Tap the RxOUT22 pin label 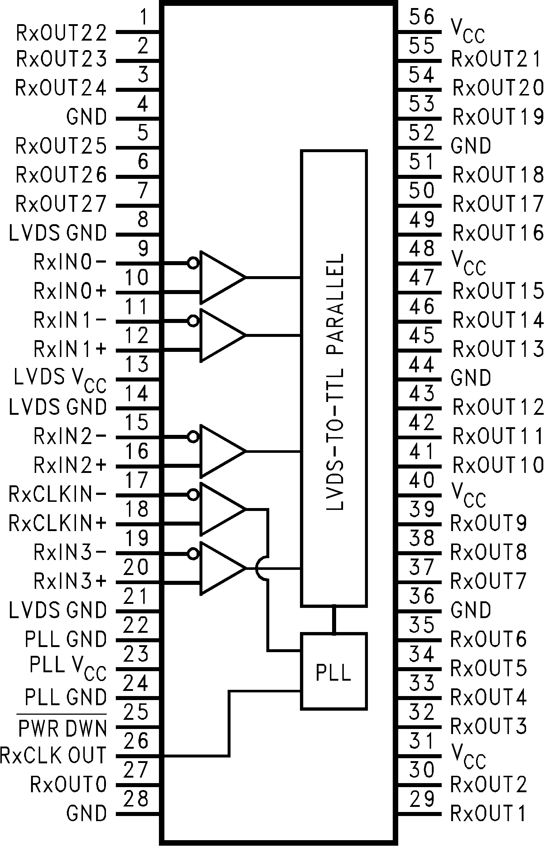pyautogui.click(x=61, y=33)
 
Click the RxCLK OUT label pyautogui.click(x=53, y=755)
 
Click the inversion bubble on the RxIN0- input pyautogui.click(x=193, y=263)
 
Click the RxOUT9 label pyautogui.click(x=488, y=523)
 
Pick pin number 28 pyautogui.click(x=136, y=798)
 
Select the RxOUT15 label pyautogui.click(x=498, y=291)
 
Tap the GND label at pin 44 pyautogui.click(x=471, y=378)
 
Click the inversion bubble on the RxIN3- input pyautogui.click(x=193, y=553)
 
